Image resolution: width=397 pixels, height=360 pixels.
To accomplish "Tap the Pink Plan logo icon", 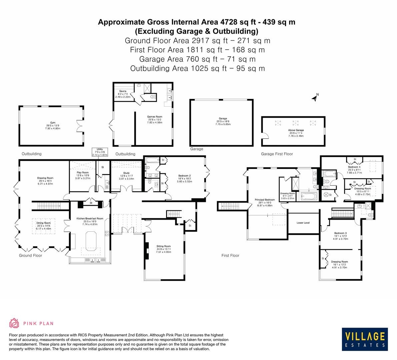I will tap(14, 323).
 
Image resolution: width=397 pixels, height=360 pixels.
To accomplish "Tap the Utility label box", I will tap(100, 152).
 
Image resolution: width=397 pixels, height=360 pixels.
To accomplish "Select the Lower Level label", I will tap(303, 223).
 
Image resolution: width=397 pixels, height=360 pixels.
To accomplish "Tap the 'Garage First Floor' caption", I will tap(277, 154).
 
